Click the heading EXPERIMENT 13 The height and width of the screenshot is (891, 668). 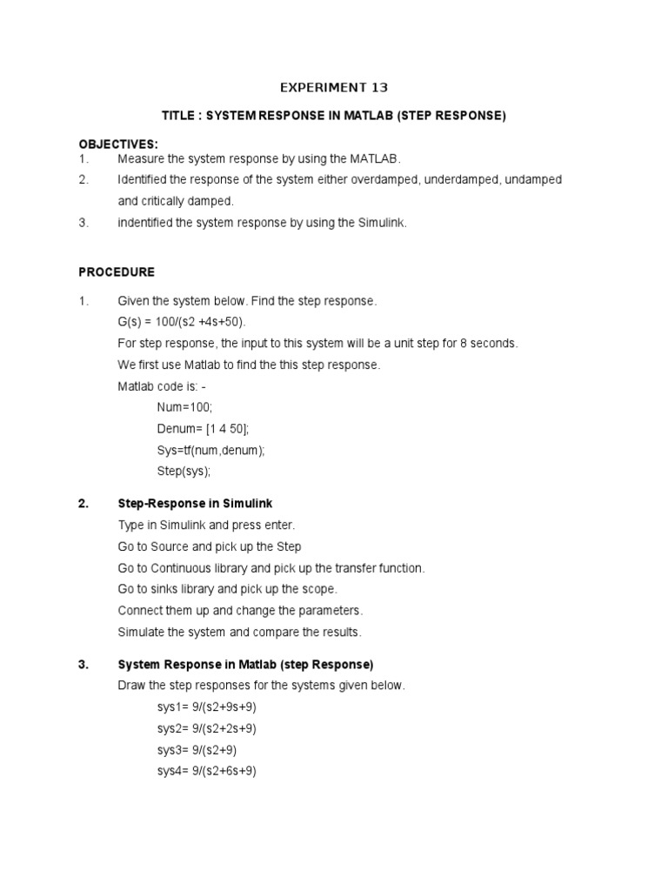333,88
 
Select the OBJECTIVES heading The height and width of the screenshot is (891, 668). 118,144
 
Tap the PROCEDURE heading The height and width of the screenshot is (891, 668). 117,272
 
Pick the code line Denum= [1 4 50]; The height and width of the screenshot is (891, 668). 203,429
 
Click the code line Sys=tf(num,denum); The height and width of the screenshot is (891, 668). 210,450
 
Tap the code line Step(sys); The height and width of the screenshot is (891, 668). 184,472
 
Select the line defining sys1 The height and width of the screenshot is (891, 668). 207,707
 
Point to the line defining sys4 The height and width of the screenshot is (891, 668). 207,771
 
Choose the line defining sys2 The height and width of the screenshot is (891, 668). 207,728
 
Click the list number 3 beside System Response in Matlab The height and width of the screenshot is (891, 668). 83,665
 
